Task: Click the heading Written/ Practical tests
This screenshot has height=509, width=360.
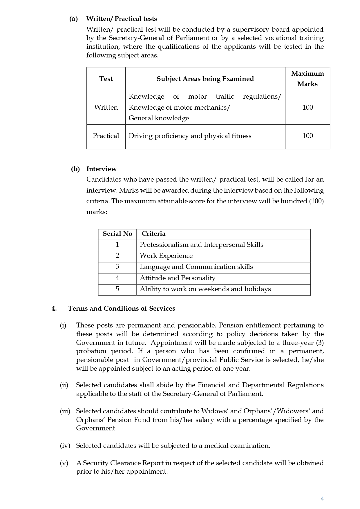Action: click(121, 19)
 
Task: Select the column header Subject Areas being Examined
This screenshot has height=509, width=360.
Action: click(205, 79)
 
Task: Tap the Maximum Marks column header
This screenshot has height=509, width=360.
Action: click(307, 79)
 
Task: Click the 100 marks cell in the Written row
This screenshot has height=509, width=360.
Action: click(307, 107)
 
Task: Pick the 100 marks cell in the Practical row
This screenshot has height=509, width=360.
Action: click(307, 136)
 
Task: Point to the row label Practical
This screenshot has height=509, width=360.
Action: click(106, 136)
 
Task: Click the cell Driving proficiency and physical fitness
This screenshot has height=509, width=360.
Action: click(190, 136)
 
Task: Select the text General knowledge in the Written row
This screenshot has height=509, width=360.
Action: click(159, 118)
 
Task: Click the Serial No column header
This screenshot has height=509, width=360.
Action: click(117, 234)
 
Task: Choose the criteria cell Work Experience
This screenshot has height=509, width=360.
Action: click(166, 256)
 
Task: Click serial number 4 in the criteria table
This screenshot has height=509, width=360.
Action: click(117, 278)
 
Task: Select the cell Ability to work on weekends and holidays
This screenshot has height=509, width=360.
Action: click(205, 289)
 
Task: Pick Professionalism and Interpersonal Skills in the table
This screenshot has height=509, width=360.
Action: click(201, 245)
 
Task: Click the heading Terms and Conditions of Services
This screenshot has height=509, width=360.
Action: click(121, 309)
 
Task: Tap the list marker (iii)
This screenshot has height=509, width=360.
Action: click(65, 411)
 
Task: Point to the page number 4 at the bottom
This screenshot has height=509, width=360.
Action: click(322, 499)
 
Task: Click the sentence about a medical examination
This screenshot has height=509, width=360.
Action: click(173, 446)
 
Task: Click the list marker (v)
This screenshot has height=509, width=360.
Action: click(64, 463)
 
